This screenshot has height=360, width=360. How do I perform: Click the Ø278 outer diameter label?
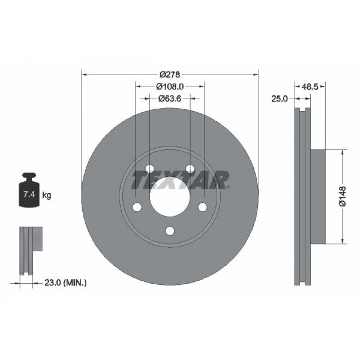tap(170, 75)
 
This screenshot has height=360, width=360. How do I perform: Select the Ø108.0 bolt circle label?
tap(170, 86)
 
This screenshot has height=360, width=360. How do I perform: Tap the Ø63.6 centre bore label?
tap(170, 98)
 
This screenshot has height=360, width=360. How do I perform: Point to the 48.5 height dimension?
tap(310, 86)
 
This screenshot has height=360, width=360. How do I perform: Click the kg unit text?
tap(46, 195)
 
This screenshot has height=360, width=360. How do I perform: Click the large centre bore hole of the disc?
tap(170, 196)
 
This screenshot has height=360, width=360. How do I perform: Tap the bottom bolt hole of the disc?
tap(170, 231)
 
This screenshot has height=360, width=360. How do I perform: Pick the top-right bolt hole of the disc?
tap(190, 168)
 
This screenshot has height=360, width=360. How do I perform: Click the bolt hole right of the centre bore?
tap(203, 207)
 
